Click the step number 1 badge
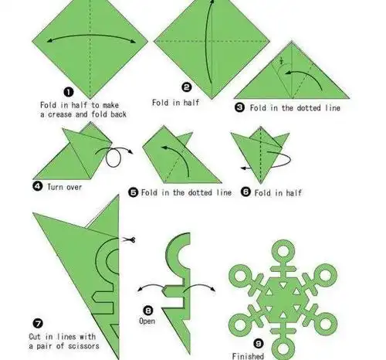[x=68, y=92]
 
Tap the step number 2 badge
[x=187, y=87]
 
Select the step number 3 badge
[x=239, y=107]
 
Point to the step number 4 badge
[x=38, y=186]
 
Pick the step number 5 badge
[x=133, y=192]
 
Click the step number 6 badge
[x=245, y=192]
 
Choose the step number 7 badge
[x=38, y=323]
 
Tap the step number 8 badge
[x=148, y=311]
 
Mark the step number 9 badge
[x=259, y=343]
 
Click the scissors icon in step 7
[x=129, y=240]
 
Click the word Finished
[x=248, y=356]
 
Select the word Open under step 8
[x=147, y=321]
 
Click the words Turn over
[x=64, y=187]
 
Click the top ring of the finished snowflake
[x=283, y=250]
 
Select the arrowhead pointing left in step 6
[x=243, y=168]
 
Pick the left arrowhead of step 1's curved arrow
[x=50, y=40]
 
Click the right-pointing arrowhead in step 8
[x=213, y=288]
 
